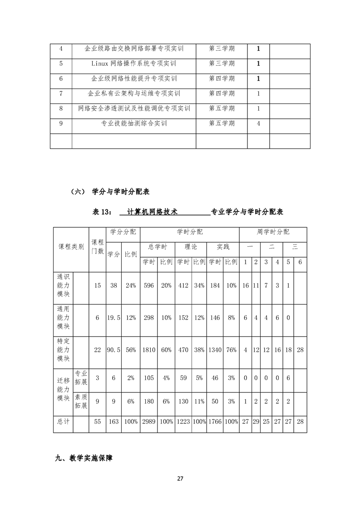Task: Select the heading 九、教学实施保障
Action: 84,459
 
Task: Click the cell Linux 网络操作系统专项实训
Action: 134,64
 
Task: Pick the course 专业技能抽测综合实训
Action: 134,123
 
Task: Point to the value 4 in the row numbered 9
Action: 258,123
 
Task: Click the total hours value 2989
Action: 149,421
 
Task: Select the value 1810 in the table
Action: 149,350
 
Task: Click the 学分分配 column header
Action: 123,232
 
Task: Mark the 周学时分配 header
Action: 273,232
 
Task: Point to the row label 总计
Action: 64,421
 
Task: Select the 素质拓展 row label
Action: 81,401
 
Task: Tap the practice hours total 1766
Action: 215,421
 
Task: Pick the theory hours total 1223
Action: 183,421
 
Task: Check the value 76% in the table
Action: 231,350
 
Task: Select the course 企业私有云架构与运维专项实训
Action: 134,93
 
